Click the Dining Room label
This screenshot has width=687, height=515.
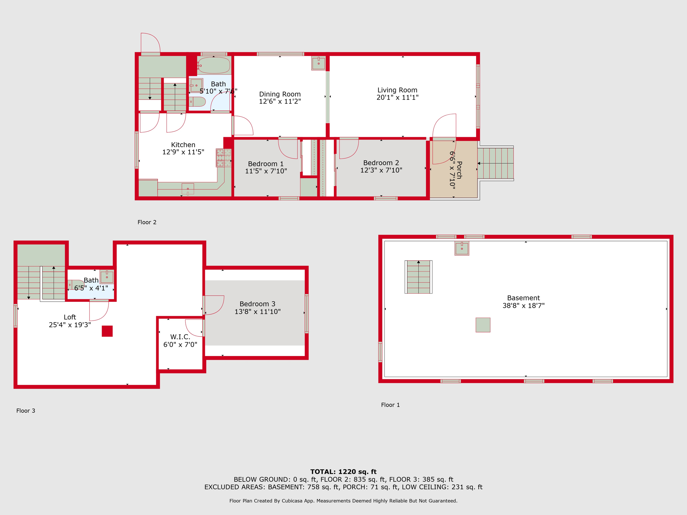(280, 94)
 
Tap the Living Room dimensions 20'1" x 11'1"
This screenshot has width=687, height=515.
(398, 98)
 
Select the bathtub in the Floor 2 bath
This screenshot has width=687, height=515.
(214, 65)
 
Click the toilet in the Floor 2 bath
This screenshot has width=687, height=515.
(197, 102)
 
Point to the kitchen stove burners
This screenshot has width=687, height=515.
(224, 158)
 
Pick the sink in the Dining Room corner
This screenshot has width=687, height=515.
(318, 63)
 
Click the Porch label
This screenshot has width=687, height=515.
(459, 170)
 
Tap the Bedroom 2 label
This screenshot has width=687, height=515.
(381, 163)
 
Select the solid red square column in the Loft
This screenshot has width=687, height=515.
(107, 331)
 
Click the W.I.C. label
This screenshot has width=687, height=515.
(180, 337)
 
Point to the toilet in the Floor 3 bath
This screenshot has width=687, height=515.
(76, 285)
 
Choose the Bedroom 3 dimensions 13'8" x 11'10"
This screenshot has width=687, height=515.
(258, 311)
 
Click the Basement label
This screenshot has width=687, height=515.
(523, 298)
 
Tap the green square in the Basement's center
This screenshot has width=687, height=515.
(483, 325)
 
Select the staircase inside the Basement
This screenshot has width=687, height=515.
(419, 277)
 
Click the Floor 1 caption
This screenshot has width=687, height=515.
(390, 405)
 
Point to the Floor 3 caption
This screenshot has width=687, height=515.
(26, 411)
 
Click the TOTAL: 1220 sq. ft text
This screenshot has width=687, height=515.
(343, 472)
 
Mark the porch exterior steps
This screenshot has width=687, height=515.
(495, 163)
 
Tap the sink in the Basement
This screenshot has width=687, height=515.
(462, 248)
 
